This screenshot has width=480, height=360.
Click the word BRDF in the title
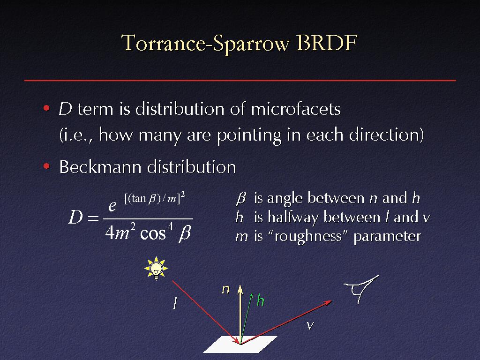click(327, 42)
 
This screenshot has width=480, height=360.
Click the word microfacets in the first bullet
click(296, 109)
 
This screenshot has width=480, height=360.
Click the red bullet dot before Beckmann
click(46, 166)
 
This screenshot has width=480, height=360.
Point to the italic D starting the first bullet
click(65, 109)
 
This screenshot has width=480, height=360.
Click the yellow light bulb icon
click(156, 268)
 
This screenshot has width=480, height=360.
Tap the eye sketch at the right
click(361, 289)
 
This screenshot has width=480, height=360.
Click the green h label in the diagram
click(261, 300)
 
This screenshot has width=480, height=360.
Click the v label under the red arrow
click(310, 325)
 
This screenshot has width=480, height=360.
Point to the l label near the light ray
click(175, 304)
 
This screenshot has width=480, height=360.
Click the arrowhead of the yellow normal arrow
click(240, 289)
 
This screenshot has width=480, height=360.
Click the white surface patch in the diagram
click(240, 345)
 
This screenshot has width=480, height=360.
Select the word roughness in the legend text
click(308, 236)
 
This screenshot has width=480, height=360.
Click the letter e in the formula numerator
click(112, 205)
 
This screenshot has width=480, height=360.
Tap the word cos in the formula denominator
click(152, 233)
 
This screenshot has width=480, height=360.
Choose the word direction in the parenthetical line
click(384, 135)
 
